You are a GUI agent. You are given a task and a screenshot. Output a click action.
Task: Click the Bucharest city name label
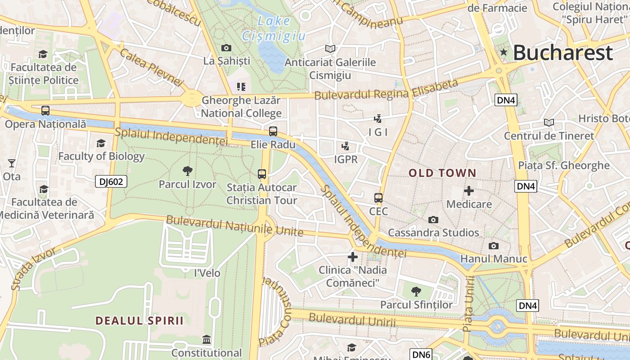[x=562, y=53]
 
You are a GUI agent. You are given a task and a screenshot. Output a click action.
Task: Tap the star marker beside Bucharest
[x=504, y=53]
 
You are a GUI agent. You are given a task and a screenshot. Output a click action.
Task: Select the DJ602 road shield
[x=111, y=181]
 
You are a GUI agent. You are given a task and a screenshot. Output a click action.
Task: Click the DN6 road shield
[x=421, y=354]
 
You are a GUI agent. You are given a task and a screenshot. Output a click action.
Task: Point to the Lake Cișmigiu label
[x=274, y=28]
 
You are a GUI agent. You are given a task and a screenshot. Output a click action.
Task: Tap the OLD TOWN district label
[x=442, y=173]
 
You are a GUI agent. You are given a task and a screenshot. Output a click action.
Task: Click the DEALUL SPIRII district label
[x=139, y=321]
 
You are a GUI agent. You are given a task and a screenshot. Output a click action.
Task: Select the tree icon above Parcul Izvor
[x=188, y=171]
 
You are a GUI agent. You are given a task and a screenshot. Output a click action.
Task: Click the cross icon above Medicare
[x=469, y=191]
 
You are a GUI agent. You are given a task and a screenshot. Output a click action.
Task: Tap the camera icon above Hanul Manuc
[x=494, y=246]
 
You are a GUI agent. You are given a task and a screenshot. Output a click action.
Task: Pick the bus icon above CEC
[x=378, y=198]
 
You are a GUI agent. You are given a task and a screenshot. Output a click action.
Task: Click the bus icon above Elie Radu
[x=273, y=131]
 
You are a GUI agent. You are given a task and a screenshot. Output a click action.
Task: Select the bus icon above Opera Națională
[x=45, y=110]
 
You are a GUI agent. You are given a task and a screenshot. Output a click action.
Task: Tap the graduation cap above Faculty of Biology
[x=101, y=143]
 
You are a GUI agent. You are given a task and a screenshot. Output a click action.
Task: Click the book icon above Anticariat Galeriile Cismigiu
[x=330, y=49]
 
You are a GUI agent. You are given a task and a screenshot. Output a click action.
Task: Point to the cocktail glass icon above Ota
[x=12, y=163]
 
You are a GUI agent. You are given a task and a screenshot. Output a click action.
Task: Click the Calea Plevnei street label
[x=152, y=67]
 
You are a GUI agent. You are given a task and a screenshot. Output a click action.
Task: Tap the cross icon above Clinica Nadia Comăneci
[x=353, y=257]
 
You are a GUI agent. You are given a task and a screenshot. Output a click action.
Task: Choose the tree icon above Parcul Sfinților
[x=416, y=292]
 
